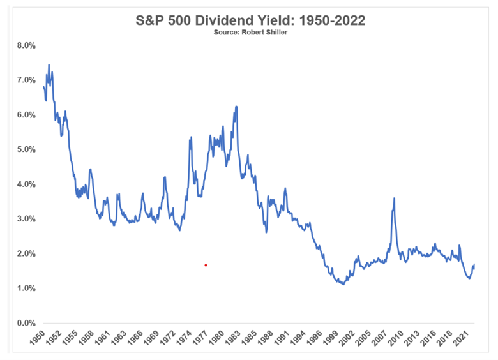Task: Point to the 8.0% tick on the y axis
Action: point(26,46)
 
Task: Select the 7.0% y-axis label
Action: point(26,80)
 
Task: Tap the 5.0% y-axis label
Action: point(26,150)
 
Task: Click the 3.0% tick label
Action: point(26,219)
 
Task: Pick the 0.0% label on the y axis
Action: point(26,323)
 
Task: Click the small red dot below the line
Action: point(206,265)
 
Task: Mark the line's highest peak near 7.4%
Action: point(49,64)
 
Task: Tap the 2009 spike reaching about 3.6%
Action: point(394,198)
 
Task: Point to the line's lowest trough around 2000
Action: point(344,284)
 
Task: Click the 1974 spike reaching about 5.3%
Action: point(191,138)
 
